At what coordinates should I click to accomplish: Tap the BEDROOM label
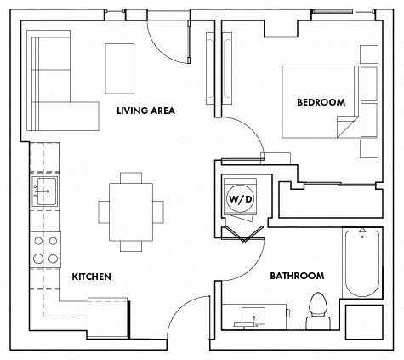pyautogui.click(x=321, y=102)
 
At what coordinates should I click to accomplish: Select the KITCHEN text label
pyautogui.click(x=91, y=277)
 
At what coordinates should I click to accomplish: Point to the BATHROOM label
pyautogui.click(x=297, y=276)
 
